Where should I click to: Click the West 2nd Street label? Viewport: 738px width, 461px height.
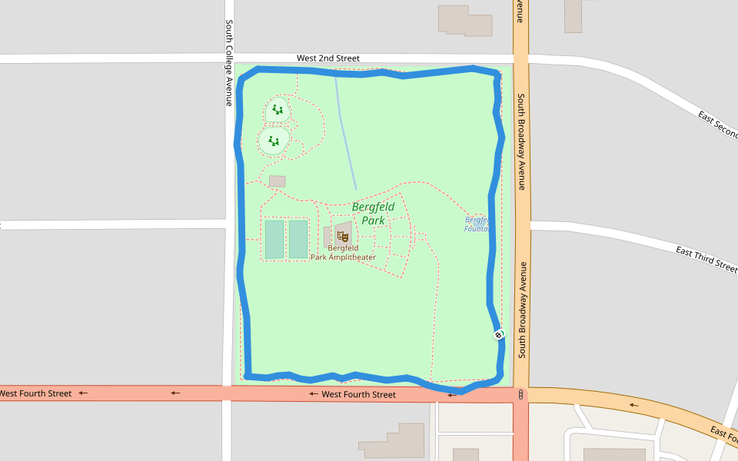[x=328, y=58]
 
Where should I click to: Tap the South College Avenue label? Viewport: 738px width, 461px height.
[x=229, y=63]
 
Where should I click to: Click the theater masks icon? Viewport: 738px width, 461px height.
[x=342, y=236]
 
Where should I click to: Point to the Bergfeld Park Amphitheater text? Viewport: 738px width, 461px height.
[x=343, y=253]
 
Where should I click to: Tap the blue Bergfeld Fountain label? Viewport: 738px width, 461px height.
[x=477, y=224]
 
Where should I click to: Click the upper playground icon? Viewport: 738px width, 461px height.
[x=278, y=110]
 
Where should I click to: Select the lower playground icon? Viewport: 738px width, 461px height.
[x=274, y=141]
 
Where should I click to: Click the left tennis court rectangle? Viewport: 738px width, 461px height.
[x=274, y=239]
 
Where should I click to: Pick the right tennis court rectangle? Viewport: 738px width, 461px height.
[x=298, y=239]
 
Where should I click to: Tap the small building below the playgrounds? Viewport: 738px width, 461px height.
[x=278, y=181]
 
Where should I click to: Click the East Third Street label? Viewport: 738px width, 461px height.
[x=706, y=260]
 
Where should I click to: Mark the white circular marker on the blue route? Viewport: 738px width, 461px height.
[x=499, y=335]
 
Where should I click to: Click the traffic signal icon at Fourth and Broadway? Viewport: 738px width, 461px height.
[x=521, y=395]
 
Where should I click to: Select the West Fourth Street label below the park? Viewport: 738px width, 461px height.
[x=358, y=395]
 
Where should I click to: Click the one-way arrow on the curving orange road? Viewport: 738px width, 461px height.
[x=633, y=405]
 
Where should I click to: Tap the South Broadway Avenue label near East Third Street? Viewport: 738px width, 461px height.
[x=522, y=310]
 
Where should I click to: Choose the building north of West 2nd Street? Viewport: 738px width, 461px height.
[x=465, y=21]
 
